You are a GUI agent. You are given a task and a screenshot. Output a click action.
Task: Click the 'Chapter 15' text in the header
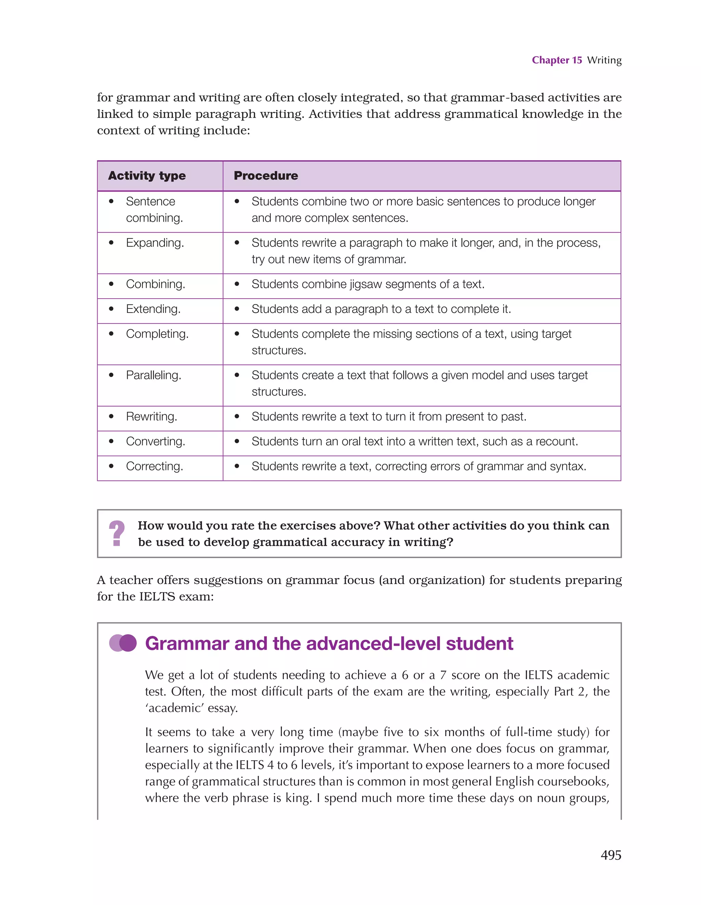coord(557,60)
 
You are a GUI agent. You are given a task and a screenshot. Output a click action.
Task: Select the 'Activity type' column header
coord(147,176)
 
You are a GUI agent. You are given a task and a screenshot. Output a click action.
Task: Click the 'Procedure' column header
coord(266,176)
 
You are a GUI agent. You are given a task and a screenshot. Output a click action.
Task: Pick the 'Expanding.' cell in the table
coord(155,243)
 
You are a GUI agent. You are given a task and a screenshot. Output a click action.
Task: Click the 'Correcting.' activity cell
coord(154,466)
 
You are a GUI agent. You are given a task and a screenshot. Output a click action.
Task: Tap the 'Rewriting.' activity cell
coord(151,417)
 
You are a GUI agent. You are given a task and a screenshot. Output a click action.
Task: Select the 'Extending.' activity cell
coord(153,309)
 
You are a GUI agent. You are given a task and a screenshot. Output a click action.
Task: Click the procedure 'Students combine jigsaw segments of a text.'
coord(368,284)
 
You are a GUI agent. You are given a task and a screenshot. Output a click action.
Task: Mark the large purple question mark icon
coord(117,533)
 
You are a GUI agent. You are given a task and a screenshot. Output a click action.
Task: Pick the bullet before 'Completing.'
coord(111,333)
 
